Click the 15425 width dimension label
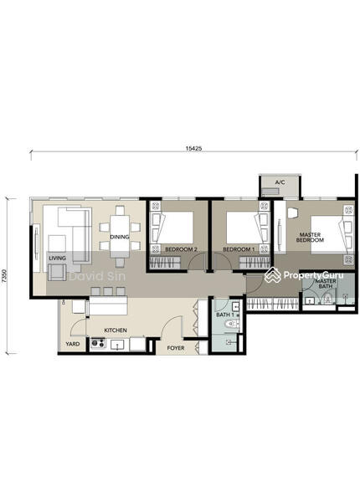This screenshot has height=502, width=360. (193, 148)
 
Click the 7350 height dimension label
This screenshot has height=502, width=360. (4, 275)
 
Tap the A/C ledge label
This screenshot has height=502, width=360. (280, 182)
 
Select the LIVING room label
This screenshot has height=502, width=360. (57, 258)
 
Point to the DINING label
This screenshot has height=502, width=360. (120, 237)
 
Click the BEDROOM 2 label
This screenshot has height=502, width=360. (181, 249)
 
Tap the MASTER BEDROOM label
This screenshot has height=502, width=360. (310, 238)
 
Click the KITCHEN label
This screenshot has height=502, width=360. (116, 330)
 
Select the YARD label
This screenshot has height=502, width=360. (73, 344)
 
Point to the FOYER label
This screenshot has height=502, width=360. (176, 348)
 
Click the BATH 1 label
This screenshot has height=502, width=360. (225, 315)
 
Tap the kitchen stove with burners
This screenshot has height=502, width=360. (98, 343)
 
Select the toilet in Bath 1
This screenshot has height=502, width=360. (232, 325)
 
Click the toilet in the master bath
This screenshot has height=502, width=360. (327, 299)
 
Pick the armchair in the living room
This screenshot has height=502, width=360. (57, 272)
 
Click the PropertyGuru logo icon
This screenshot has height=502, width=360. (273, 275)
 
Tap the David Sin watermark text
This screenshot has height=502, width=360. (97, 276)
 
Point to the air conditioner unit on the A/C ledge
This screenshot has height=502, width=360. (270, 192)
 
